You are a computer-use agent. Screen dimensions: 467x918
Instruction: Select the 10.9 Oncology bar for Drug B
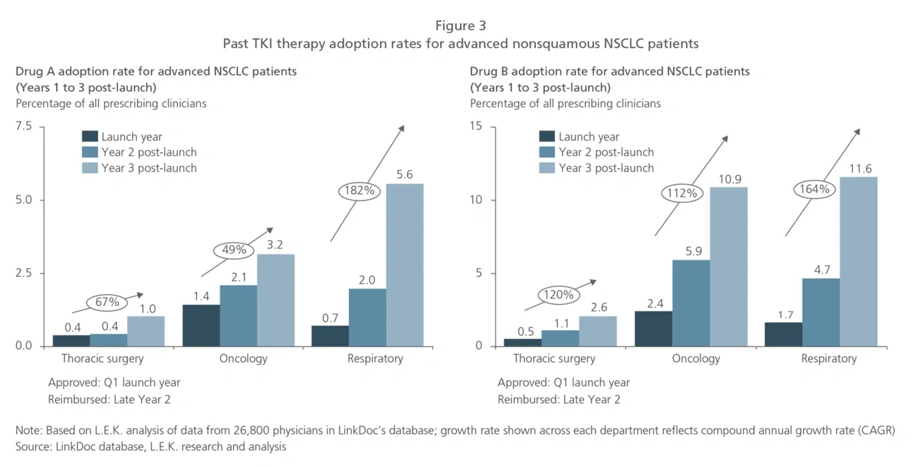(x=729, y=267)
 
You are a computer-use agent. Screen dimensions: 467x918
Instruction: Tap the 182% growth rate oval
(x=361, y=190)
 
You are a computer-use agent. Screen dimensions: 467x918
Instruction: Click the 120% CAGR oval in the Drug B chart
(x=559, y=295)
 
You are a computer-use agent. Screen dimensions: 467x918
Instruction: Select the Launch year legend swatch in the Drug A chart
(x=90, y=137)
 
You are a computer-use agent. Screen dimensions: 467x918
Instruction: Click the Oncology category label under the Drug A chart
(x=244, y=358)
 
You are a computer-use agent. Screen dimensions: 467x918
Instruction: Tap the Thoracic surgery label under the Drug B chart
(x=554, y=358)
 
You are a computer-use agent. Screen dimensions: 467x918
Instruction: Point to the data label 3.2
(x=275, y=245)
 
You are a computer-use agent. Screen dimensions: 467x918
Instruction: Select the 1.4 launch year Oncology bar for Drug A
(x=201, y=325)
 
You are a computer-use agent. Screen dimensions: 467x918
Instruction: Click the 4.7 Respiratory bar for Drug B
(x=820, y=312)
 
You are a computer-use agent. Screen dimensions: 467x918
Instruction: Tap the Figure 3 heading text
(x=460, y=26)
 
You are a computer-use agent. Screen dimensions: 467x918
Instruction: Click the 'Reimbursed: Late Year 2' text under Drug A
(x=109, y=399)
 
